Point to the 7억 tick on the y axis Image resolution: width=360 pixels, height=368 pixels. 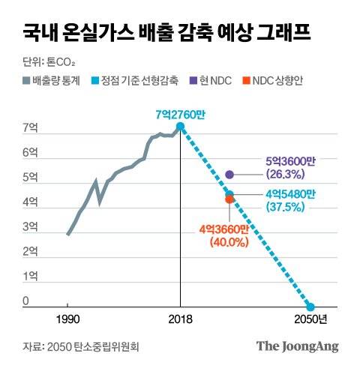[29, 128]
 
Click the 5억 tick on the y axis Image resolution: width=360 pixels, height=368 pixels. [29, 178]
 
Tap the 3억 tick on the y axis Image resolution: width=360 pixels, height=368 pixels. [29, 227]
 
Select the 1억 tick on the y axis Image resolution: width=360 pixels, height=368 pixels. [29, 277]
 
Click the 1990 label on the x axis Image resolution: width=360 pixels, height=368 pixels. [67, 320]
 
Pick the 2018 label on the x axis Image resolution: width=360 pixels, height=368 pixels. [180, 320]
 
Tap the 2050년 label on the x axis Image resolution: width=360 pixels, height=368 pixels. [311, 320]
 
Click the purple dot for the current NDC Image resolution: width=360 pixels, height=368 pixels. [230, 174]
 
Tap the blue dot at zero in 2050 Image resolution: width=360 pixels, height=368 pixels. [310, 307]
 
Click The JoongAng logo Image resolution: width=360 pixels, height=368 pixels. [298, 346]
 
